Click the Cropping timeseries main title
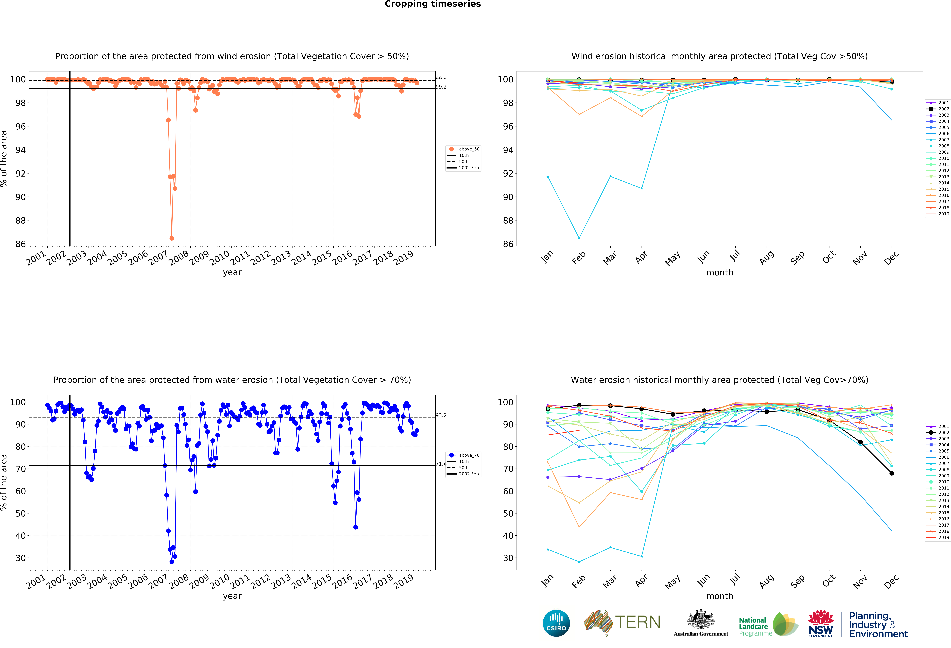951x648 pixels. coord(433,4)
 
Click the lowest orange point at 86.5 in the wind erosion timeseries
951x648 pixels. coord(172,238)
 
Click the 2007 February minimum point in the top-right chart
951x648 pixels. coord(579,238)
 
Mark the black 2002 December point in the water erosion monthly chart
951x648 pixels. coord(892,473)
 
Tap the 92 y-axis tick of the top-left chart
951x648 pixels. coord(20,173)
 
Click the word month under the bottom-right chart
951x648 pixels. coord(719,596)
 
